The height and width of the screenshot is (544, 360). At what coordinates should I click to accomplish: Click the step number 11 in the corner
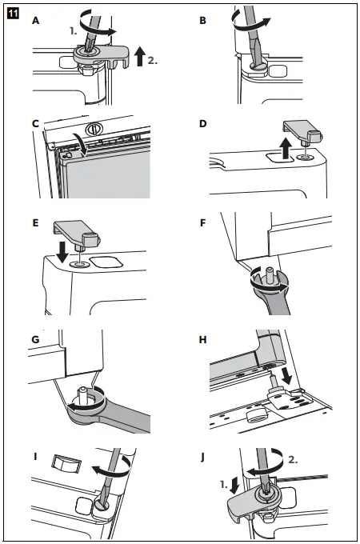(x=13, y=14)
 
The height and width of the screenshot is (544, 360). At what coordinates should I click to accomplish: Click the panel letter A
(x=35, y=21)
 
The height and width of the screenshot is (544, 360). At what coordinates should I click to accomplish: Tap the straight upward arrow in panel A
(x=139, y=56)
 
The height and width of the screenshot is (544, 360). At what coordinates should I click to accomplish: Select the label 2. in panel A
(x=153, y=60)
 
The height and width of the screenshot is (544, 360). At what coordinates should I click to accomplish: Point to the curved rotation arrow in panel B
(x=250, y=23)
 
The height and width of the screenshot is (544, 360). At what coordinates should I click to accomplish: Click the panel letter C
(x=35, y=123)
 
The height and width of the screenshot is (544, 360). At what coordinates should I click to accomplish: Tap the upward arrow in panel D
(x=286, y=148)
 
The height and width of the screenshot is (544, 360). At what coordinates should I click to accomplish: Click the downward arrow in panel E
(x=62, y=252)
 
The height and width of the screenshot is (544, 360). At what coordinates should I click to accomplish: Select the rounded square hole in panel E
(x=106, y=262)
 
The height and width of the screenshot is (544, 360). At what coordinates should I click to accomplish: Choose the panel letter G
(x=35, y=339)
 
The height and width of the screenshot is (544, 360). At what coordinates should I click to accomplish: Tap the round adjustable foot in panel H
(x=256, y=414)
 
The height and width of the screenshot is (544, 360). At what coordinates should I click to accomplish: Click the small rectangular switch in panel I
(x=67, y=463)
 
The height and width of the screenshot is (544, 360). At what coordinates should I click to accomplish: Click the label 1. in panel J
(x=224, y=484)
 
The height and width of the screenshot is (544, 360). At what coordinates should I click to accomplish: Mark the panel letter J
(x=202, y=458)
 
